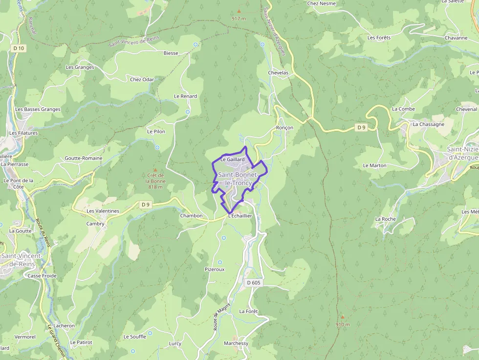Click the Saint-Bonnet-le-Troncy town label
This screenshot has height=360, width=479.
[235, 179]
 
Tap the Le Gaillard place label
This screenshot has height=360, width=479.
[232, 159]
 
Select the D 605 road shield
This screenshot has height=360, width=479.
[254, 283]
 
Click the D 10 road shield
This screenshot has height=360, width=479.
[19, 48]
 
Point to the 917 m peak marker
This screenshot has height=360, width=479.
[239, 11]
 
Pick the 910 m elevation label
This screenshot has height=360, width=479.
[343, 324]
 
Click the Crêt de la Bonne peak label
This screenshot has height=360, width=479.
[155, 178]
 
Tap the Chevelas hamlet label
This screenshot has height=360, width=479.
[278, 73]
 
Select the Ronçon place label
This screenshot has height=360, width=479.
[284, 127]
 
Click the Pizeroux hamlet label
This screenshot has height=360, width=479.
[215, 269]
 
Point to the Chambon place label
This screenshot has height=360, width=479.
[191, 215]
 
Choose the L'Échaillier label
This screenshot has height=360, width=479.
[239, 215]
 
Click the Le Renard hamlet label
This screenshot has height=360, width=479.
[185, 96]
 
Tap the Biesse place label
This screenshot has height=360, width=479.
[171, 53]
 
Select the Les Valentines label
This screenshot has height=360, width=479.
[103, 211]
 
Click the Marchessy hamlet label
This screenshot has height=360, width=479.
[236, 343]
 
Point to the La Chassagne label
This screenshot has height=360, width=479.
[428, 124]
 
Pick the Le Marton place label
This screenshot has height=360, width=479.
[374, 166]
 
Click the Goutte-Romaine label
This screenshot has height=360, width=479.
[84, 158]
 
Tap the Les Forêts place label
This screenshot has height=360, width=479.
[379, 38]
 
